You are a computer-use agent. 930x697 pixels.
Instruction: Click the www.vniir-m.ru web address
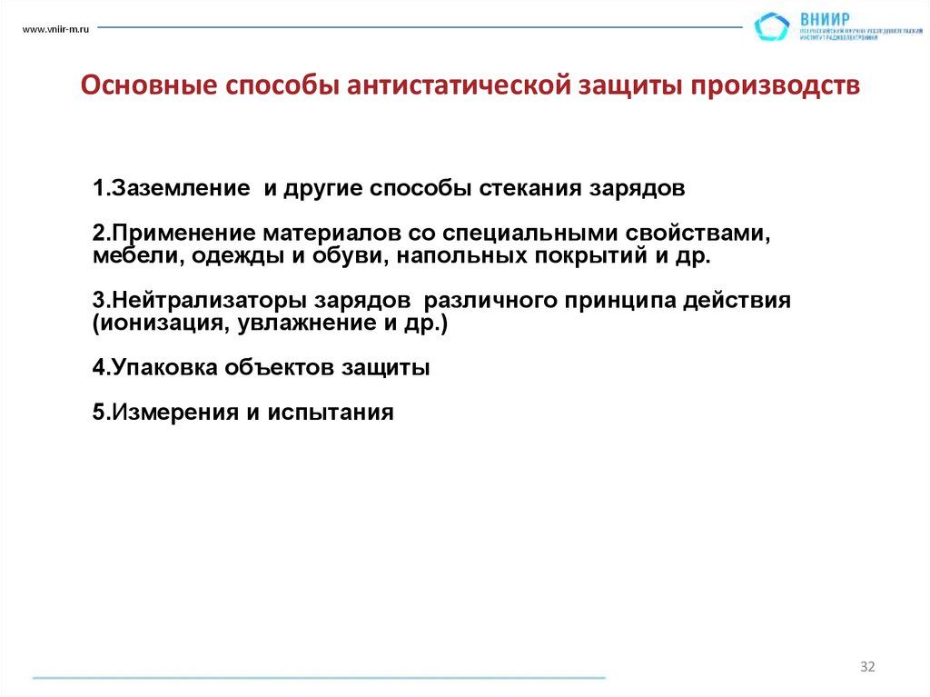point(54,31)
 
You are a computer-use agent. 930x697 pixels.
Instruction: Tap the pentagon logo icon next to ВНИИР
point(772,26)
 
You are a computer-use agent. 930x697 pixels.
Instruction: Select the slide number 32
point(867,668)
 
